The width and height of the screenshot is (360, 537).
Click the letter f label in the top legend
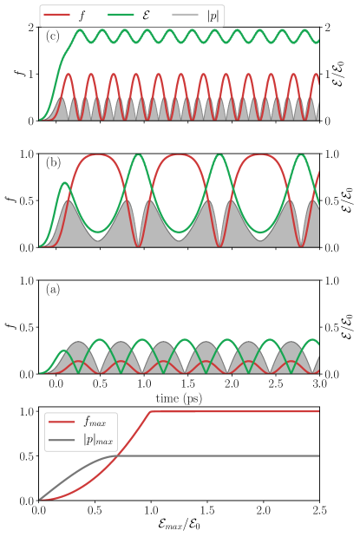coord(82,16)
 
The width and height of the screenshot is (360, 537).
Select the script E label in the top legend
coord(146,16)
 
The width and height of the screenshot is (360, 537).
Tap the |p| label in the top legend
coord(213,16)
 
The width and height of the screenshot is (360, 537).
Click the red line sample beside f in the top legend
coord(57,16)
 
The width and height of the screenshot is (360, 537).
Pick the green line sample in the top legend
coord(121,16)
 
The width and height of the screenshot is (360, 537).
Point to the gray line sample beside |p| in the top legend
coord(185,16)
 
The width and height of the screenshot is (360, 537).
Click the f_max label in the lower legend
coord(95,422)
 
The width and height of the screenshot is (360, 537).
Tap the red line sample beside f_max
coord(62,422)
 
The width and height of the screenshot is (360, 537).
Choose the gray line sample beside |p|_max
coord(62,440)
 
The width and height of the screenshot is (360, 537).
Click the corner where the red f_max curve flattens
coord(151,412)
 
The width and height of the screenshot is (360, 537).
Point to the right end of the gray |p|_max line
coord(318,455)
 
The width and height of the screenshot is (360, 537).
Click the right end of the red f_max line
coord(318,412)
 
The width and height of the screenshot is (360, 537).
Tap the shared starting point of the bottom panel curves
coord(40,499)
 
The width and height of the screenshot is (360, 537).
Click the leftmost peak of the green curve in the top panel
coord(81,30)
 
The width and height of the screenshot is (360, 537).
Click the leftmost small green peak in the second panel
coord(65,183)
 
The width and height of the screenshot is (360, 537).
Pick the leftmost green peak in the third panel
coord(63,351)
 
